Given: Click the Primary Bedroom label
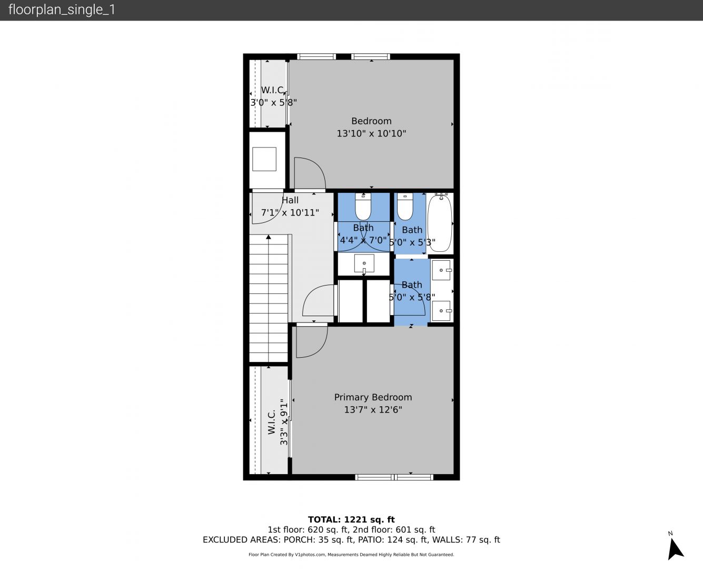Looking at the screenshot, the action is (373, 397).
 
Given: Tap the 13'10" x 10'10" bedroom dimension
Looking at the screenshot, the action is (371, 133).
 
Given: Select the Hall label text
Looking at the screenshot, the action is (290, 200).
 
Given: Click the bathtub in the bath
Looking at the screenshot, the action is (440, 223).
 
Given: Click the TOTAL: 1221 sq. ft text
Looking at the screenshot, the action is (351, 519).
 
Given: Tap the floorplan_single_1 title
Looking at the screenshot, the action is (62, 9).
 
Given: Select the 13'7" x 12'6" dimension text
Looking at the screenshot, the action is (373, 410).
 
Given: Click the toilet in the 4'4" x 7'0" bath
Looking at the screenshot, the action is (363, 207).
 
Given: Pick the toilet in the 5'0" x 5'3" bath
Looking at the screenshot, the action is (405, 207).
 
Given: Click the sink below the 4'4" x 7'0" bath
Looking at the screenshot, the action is (364, 263).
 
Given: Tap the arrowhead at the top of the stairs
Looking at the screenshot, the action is (269, 237).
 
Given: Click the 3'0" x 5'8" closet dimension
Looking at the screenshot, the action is (274, 102).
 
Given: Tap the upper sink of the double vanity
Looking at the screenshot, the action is (441, 270).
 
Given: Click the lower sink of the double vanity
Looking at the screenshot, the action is (441, 311).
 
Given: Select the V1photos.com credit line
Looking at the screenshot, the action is (351, 554).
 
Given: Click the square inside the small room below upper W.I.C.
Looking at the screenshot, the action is (264, 159).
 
